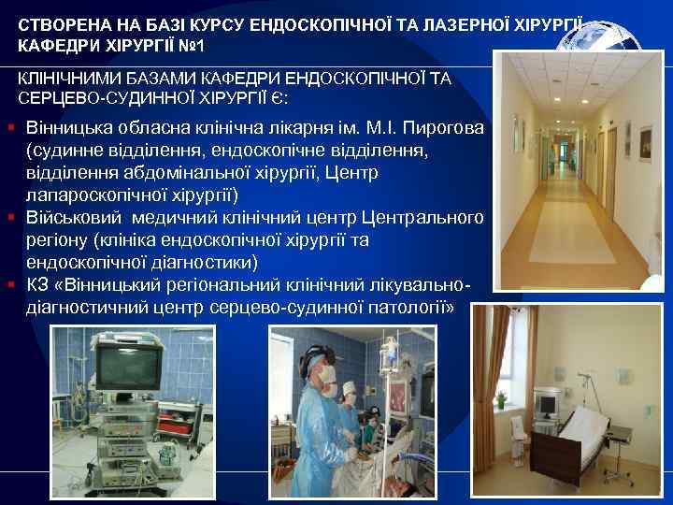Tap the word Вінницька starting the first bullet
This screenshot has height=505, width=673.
coord(67,128)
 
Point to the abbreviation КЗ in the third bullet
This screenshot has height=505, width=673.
coord(38,285)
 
